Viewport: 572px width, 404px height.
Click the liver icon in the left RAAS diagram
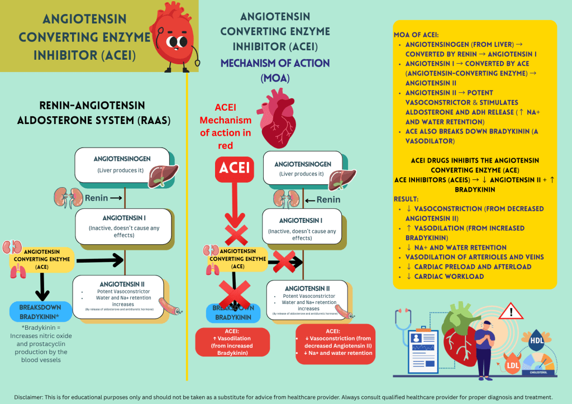coord(164,174)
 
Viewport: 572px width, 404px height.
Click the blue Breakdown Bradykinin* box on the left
coord(41,311)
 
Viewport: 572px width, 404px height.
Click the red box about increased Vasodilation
coord(232,341)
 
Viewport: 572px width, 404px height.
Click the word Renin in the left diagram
coord(97,198)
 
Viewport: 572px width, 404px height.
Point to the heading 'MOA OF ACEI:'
coord(417,35)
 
